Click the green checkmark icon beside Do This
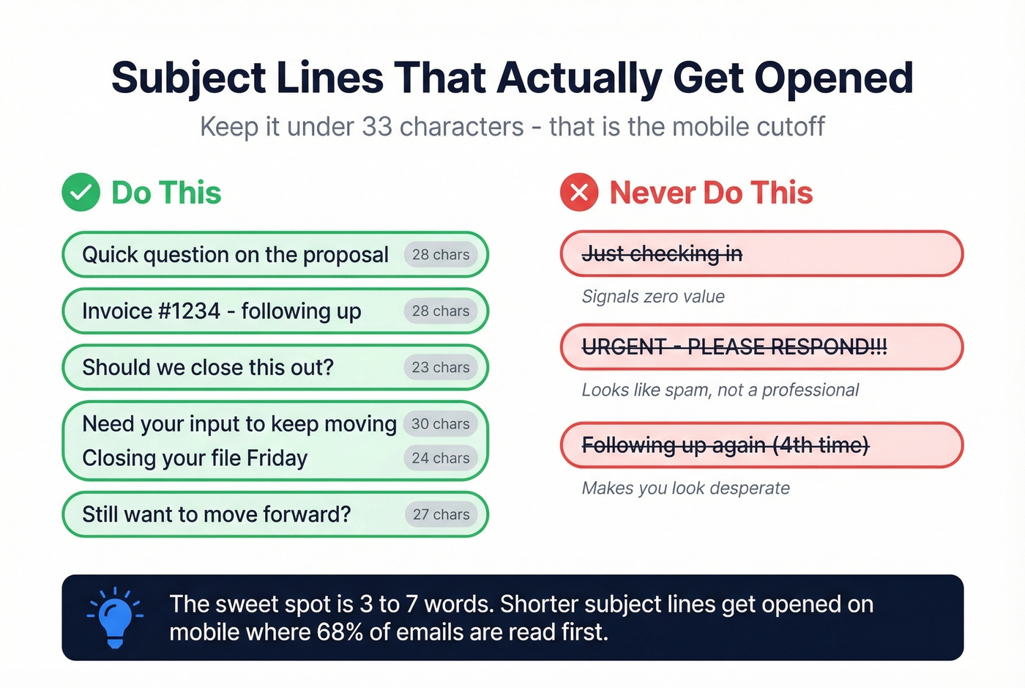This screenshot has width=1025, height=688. coord(81,193)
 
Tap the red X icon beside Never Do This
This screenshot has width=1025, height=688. coord(579,193)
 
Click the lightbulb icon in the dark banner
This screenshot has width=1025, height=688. coord(115,618)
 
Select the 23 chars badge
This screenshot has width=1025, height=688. coord(441,367)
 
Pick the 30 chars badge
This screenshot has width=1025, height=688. coord(441,423)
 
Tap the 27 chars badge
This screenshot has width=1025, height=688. coord(441,514)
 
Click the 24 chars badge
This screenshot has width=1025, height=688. coord(441,458)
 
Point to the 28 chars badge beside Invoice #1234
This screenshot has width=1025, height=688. coord(441,311)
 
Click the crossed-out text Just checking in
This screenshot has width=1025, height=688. coord(662,254)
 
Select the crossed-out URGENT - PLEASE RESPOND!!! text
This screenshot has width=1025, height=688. coord(734,347)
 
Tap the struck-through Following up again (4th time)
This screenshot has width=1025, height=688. coord(725,445)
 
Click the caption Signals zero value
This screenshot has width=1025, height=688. coord(653,297)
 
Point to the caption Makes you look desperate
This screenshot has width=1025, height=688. coord(685,488)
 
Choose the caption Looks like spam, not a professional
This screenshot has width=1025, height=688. coord(720,390)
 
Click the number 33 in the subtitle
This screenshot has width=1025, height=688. coord(377,127)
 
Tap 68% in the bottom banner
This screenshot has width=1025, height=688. coord(340,632)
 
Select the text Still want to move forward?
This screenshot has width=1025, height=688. coord(217,514)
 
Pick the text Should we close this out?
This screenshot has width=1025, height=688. coord(208,367)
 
